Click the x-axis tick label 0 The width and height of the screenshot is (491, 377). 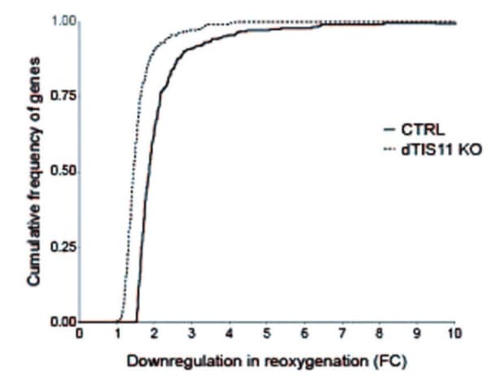tap(79, 333)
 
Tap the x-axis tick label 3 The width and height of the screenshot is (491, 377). tap(192, 333)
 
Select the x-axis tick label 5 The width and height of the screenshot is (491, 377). tap(267, 333)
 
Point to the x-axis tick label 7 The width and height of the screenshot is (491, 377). tap(343, 333)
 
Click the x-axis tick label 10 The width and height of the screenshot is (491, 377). tap(455, 333)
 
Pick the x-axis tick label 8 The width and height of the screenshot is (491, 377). tap(380, 333)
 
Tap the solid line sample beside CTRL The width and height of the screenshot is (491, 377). tap(389, 130)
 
